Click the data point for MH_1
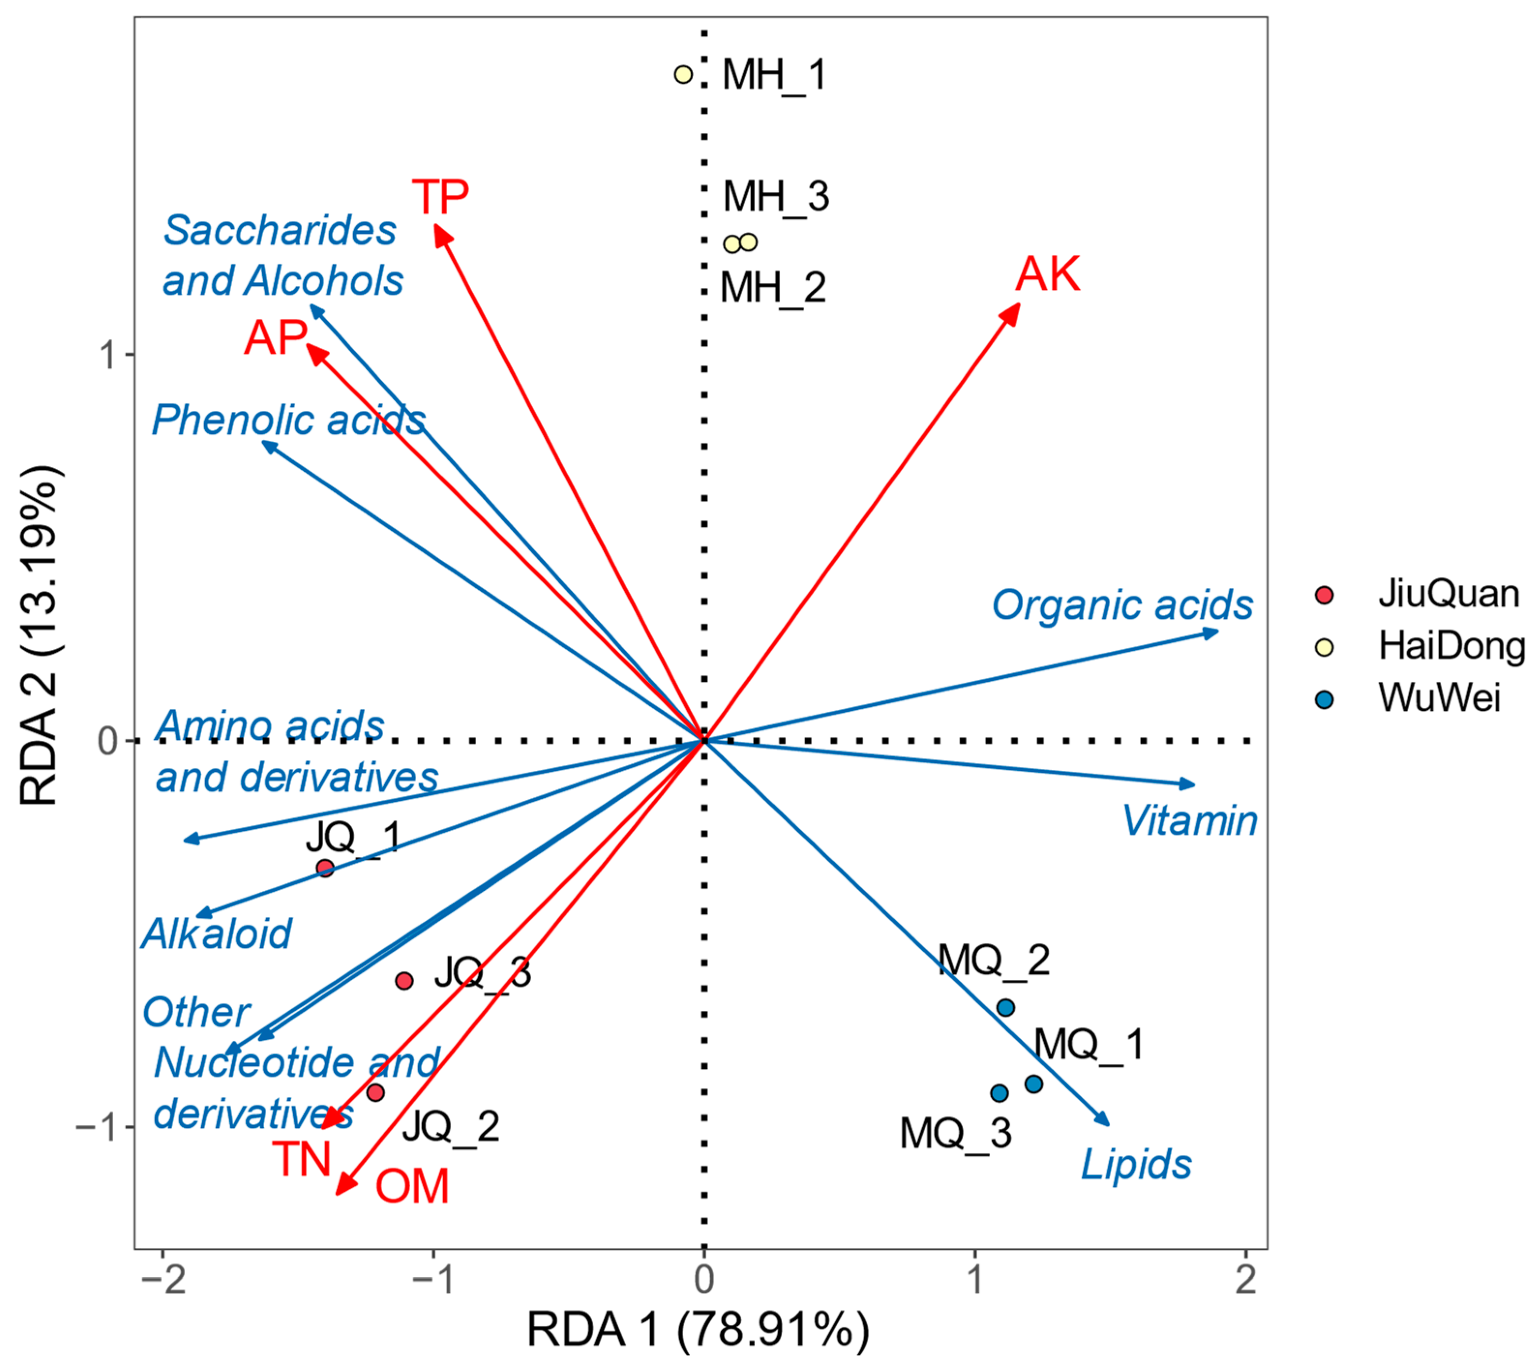(683, 75)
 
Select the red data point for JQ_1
(325, 868)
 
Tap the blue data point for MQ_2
(1005, 1007)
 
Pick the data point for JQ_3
(404, 980)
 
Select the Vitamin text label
(1190, 821)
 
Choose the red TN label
(301, 1159)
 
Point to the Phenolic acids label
(288, 420)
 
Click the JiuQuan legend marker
(1324, 595)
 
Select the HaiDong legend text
(1450, 646)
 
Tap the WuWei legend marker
(1324, 700)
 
